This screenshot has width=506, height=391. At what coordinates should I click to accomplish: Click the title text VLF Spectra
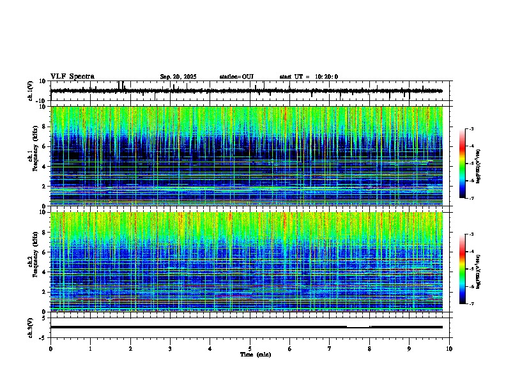tap(72, 77)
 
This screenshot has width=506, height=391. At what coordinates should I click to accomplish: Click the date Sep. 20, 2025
tap(178, 77)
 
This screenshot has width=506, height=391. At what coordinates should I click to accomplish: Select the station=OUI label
tap(236, 77)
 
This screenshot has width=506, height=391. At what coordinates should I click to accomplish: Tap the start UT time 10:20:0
tap(309, 77)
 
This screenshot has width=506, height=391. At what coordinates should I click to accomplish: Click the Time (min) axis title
tap(255, 354)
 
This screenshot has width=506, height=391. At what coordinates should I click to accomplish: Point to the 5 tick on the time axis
tap(250, 348)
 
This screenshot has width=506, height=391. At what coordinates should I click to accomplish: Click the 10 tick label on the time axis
tap(449, 348)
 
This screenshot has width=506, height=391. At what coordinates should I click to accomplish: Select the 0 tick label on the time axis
tap(50, 348)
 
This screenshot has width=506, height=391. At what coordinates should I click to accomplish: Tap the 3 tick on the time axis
tap(170, 348)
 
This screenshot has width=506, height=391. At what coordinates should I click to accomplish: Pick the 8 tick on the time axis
tap(369, 348)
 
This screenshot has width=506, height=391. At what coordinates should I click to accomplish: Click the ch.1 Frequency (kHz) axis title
tap(31, 156)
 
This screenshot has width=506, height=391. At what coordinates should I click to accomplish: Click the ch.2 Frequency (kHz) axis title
tap(31, 261)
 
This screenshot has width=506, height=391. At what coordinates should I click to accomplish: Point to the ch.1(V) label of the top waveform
tap(31, 91)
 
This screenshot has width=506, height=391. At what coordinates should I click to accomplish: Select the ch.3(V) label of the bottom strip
tap(31, 326)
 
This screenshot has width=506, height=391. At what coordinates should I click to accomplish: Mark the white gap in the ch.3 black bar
tap(358, 326)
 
